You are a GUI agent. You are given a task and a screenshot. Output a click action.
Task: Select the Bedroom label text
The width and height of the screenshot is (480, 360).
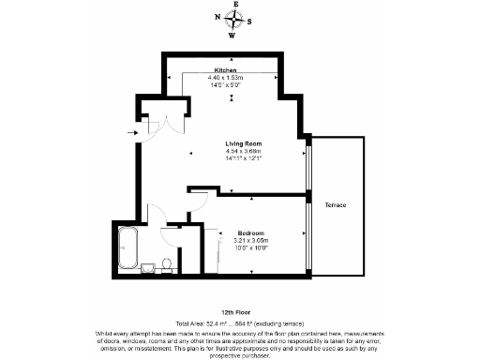tap(250, 232)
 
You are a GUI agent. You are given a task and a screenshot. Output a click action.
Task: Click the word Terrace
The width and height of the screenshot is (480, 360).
tap(337, 204)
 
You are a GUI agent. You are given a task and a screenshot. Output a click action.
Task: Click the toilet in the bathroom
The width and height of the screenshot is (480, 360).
tap(165, 263)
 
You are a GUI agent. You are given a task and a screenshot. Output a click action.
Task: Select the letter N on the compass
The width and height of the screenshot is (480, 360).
tap(217, 17)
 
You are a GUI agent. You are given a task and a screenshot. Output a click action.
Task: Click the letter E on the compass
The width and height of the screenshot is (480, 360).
tap(235, 4)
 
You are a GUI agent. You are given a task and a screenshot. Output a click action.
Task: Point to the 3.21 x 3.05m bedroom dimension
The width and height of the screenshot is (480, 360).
tap(250, 240)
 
